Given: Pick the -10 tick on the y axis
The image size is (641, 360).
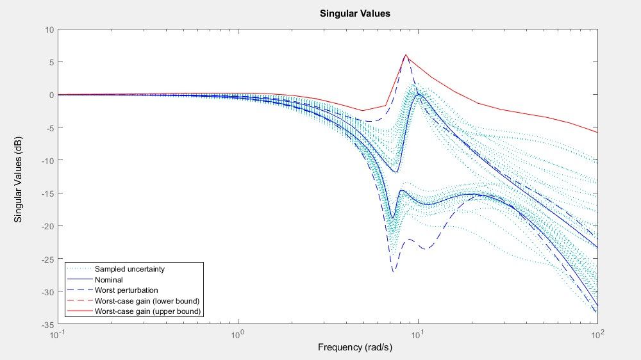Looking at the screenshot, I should [47, 161].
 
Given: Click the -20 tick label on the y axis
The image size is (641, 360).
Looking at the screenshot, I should [47, 226].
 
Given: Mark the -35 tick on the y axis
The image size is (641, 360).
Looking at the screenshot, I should [47, 325].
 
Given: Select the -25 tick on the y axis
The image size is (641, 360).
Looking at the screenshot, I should [47, 259].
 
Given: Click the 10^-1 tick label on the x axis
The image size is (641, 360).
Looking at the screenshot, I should [58, 334].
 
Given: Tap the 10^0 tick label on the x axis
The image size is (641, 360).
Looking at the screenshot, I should [238, 334].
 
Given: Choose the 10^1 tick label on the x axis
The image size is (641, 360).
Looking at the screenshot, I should [418, 334].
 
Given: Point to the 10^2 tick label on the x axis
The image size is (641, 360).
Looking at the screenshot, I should [598, 334].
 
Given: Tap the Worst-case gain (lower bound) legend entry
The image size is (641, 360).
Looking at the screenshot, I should [147, 301].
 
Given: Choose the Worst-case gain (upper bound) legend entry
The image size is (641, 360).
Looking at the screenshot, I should [147, 311].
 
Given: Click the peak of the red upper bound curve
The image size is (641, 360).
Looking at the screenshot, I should [406, 55].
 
